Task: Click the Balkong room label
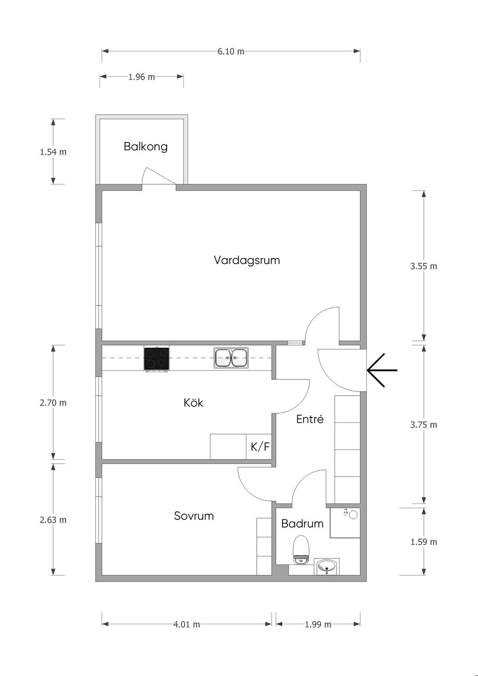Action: point(146,146)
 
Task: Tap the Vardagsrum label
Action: point(246,260)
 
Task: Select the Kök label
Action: point(193,403)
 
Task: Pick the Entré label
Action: point(310,419)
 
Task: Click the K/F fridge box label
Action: point(260,446)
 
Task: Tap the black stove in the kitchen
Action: point(156,359)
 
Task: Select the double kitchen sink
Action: point(231,358)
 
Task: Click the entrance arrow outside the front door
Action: point(382,370)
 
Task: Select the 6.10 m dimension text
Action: point(231,52)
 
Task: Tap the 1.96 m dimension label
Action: point(141,77)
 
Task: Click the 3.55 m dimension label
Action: point(423,266)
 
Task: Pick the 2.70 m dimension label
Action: point(53,403)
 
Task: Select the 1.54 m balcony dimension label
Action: point(53,152)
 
